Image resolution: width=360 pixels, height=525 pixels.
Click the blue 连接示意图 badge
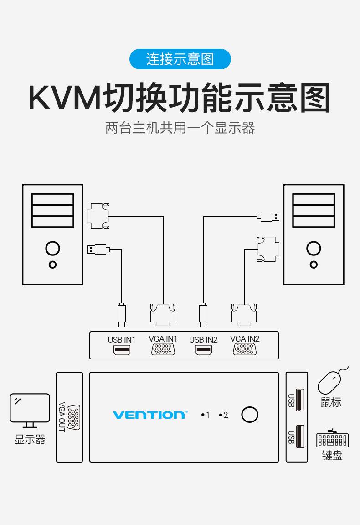point(180,59)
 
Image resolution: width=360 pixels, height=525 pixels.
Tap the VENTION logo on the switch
point(149,415)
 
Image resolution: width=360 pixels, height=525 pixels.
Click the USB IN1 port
point(122,350)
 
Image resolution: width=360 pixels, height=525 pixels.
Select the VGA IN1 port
point(163,349)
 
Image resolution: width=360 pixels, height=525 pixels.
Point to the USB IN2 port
point(203,350)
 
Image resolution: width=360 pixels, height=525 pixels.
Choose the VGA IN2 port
point(245,349)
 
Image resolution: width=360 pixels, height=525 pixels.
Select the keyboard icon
point(332,440)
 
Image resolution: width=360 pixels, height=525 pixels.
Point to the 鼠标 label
point(331,402)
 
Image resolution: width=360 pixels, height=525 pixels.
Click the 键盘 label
point(332,455)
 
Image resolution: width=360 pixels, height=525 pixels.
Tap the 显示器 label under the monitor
point(30,440)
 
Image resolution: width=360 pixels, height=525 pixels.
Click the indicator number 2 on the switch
point(226,415)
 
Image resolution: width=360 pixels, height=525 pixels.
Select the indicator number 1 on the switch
point(207,415)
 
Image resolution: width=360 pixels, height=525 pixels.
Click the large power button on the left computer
point(52,249)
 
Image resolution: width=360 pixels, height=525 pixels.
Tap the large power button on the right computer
point(314,249)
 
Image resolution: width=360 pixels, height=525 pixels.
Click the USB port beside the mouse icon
point(299,400)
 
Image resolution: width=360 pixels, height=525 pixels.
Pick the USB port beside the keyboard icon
point(299,436)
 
